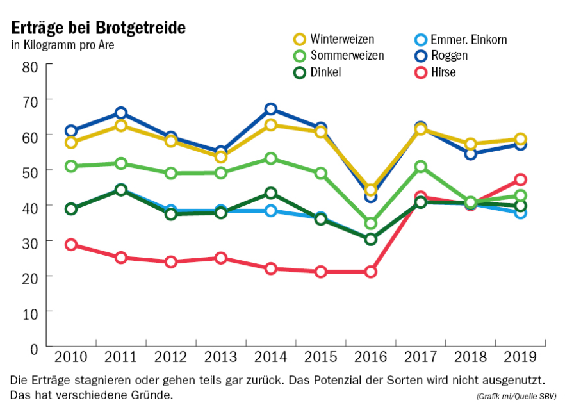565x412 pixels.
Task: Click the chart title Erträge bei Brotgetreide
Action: pyautogui.click(x=99, y=28)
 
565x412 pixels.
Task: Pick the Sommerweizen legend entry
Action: pyautogui.click(x=347, y=55)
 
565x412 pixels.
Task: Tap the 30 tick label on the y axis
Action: pyautogui.click(x=30, y=241)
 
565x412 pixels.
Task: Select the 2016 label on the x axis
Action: pyautogui.click(x=370, y=356)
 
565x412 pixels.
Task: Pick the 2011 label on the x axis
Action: pyautogui.click(x=120, y=356)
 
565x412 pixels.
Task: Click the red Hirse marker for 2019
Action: pyautogui.click(x=520, y=179)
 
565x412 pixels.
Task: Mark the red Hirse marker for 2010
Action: pyautogui.click(x=71, y=244)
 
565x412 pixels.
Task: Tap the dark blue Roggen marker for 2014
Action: pyautogui.click(x=270, y=109)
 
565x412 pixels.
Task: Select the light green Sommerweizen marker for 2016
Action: pyautogui.click(x=370, y=223)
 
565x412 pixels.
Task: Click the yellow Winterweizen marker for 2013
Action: pyautogui.click(x=221, y=157)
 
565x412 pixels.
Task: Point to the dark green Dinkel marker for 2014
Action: pyautogui.click(x=270, y=193)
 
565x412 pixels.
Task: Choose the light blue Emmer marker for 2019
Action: pyautogui.click(x=520, y=213)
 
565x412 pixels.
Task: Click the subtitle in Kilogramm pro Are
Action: pyautogui.click(x=63, y=45)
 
